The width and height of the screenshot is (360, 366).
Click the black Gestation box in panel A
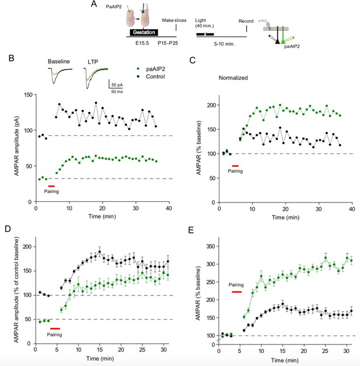[x=144, y=32]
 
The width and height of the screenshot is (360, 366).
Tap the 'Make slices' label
[x=174, y=20]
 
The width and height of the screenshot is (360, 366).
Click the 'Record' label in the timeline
[x=246, y=21]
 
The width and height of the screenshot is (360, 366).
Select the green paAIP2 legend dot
[x=138, y=69]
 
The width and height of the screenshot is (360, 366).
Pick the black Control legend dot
[x=138, y=76]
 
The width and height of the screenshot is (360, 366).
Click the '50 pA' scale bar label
[x=117, y=85]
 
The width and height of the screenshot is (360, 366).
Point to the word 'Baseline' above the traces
[x=59, y=61]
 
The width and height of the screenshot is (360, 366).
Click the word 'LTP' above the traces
[x=93, y=62]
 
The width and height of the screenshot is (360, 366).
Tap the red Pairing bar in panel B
[x=51, y=186]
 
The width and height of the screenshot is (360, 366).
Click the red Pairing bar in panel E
[x=236, y=292]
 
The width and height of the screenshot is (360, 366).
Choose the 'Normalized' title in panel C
[x=233, y=78]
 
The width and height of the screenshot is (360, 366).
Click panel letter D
[x=8, y=228]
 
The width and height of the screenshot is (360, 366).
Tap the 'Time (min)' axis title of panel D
[x=100, y=358]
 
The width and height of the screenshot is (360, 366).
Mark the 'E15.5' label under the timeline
[x=142, y=43]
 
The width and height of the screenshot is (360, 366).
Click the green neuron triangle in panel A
[x=283, y=41]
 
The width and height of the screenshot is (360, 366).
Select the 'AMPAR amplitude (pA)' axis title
[x=16, y=146]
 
